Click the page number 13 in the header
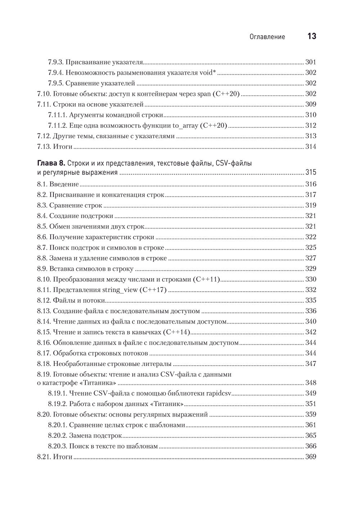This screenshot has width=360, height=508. coord(311,36)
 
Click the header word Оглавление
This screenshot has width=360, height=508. coord(267,37)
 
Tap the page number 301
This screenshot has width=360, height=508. coord(310,62)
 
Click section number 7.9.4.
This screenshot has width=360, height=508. coord(56,73)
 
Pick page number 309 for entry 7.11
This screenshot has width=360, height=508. coord(310,104)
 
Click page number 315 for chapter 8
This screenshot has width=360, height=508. coord(310,172)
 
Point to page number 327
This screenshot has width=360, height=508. coord(310,258)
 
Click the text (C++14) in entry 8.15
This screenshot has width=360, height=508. coord(176,332)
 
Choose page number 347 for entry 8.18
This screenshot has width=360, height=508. coord(310,363)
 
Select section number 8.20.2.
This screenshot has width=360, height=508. coord(57,435)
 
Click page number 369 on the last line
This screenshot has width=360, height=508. coord(310,457)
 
